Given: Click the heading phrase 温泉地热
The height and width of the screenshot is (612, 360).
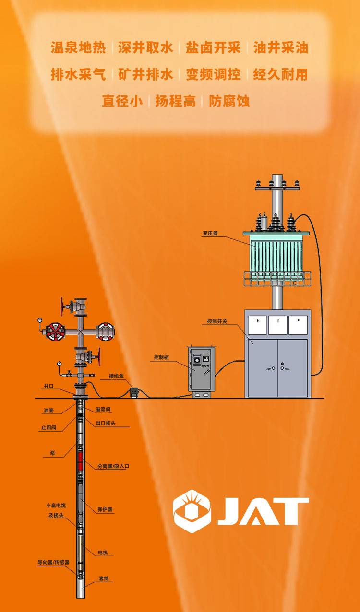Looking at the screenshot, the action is click(x=78, y=47).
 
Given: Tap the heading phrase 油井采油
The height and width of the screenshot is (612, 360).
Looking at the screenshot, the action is click(x=281, y=47).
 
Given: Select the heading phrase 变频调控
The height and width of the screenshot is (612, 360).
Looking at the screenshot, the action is click(x=213, y=74).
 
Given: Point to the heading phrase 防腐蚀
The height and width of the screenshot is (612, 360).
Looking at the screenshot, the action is click(x=229, y=101).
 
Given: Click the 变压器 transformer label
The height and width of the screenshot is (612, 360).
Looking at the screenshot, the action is click(x=210, y=233).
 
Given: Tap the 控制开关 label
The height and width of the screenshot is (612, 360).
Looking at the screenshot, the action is click(x=217, y=321).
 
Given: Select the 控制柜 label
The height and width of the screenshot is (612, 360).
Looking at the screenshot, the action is click(x=161, y=357).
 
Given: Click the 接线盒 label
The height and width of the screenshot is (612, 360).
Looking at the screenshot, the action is click(x=116, y=376).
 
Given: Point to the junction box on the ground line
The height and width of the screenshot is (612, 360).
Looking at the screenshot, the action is click(x=134, y=392).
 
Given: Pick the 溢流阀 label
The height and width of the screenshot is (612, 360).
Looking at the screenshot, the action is click(x=103, y=409).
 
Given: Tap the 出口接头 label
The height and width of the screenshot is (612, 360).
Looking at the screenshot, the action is click(x=106, y=423).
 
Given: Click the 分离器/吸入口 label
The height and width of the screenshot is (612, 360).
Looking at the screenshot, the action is click(x=113, y=466).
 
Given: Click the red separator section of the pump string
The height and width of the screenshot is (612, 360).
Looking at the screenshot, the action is click(x=80, y=461).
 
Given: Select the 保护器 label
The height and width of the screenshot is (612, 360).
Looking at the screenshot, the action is click(x=105, y=509).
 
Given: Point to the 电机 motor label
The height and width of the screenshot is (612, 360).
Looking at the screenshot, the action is click(x=103, y=553).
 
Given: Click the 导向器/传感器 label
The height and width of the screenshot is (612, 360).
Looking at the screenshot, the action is click(x=54, y=562).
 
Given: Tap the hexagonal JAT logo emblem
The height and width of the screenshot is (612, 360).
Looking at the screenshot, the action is click(x=192, y=511).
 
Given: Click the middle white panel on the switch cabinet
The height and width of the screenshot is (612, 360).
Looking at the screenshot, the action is click(x=278, y=325).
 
